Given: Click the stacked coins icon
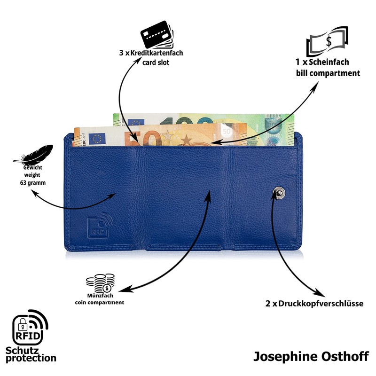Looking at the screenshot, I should (100, 283).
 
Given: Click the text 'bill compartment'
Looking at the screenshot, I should (328, 73).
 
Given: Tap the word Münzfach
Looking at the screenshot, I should (99, 296).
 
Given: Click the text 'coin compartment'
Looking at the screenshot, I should (100, 303).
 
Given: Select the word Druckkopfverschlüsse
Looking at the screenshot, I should (321, 304).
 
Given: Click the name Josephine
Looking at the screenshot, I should (284, 356).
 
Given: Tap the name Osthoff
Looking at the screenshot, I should (341, 356).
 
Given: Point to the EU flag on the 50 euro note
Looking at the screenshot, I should (98, 138).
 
